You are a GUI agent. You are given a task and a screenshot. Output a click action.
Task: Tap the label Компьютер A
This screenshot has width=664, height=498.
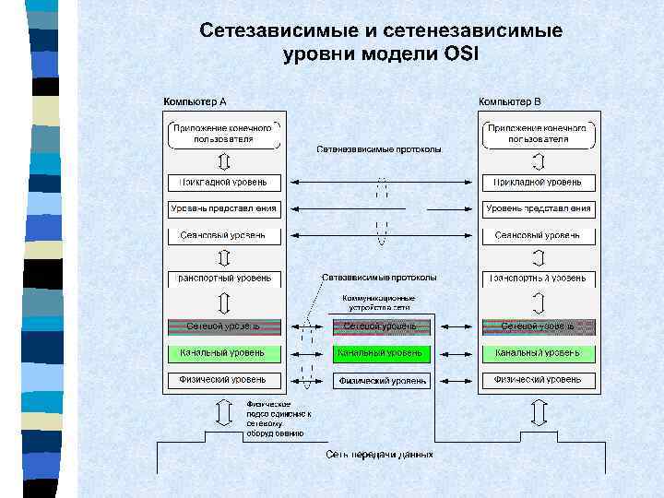(196, 101)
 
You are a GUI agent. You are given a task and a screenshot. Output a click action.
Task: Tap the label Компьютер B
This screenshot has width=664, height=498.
(510, 101)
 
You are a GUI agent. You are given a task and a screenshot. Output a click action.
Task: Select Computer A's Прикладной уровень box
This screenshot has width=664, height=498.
(222, 183)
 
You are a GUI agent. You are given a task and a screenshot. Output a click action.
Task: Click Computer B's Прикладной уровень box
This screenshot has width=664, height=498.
(538, 183)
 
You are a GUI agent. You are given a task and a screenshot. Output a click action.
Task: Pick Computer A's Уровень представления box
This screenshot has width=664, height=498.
(222, 209)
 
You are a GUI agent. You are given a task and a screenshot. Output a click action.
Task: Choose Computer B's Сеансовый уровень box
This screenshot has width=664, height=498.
(538, 236)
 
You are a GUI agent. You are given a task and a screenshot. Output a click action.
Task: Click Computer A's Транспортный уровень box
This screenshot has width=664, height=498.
(222, 278)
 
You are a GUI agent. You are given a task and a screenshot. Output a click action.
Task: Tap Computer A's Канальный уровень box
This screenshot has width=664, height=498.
(222, 352)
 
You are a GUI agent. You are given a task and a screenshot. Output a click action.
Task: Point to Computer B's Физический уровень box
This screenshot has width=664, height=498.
(538, 379)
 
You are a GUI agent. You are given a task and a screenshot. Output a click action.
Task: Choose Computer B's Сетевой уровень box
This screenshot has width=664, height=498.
(538, 326)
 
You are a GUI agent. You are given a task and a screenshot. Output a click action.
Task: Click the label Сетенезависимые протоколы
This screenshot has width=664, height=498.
(379, 148)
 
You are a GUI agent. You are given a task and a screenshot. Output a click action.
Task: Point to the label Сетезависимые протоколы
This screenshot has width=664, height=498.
(379, 277)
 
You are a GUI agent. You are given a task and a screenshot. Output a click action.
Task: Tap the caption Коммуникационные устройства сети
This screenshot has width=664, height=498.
(379, 302)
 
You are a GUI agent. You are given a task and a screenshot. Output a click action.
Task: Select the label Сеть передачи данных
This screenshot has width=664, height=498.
(379, 455)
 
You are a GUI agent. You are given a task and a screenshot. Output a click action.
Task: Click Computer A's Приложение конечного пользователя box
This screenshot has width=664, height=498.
(222, 134)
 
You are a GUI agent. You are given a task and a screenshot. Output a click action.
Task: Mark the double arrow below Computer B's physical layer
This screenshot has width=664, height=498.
(538, 414)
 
